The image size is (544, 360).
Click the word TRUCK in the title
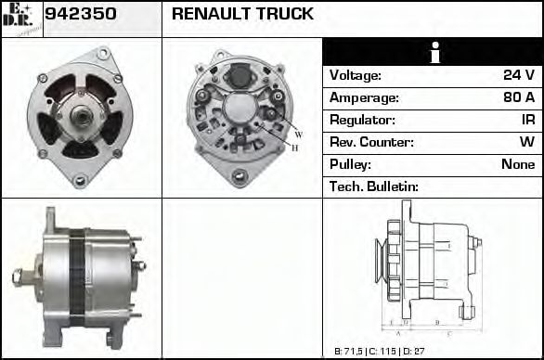pos(285,15)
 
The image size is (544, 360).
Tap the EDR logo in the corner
pos(20,18)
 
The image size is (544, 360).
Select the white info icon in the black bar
pos(433,52)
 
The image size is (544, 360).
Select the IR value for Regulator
pos(527,120)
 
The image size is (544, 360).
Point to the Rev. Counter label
pos(371,142)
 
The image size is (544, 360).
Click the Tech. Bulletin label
pos(374,186)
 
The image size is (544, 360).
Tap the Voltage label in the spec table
pos(356,75)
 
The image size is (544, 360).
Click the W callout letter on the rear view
pos(298,135)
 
